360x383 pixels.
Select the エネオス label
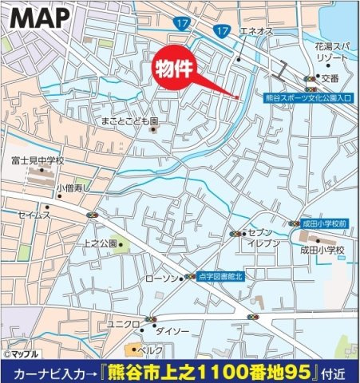tap(257, 30)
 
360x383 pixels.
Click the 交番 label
tap(330, 77)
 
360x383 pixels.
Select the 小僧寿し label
tap(74, 188)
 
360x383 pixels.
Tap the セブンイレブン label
tap(264, 237)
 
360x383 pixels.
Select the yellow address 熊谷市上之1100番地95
tap(239, 372)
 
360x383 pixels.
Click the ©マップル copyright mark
tap(22, 353)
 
